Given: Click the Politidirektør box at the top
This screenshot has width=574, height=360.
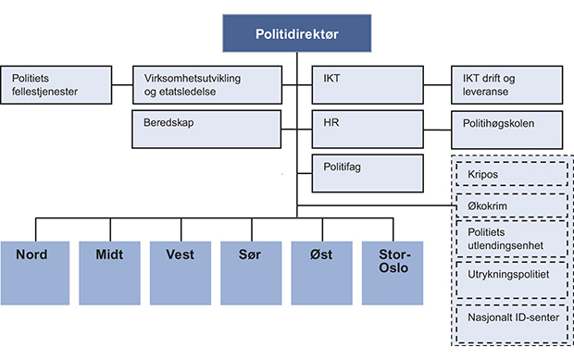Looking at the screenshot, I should click(x=297, y=33).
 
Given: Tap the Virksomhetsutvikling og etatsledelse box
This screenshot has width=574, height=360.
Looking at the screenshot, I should click(x=206, y=85).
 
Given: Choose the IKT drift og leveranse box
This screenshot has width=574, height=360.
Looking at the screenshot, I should click(x=505, y=85).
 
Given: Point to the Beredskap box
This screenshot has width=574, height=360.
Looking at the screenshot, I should click(x=206, y=130).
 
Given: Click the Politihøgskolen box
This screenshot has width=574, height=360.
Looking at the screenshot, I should click(x=505, y=130).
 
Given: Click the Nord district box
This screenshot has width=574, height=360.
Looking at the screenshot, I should click(x=34, y=272).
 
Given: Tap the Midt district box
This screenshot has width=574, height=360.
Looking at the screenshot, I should click(x=106, y=272).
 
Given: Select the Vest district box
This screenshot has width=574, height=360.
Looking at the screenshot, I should click(x=179, y=272).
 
